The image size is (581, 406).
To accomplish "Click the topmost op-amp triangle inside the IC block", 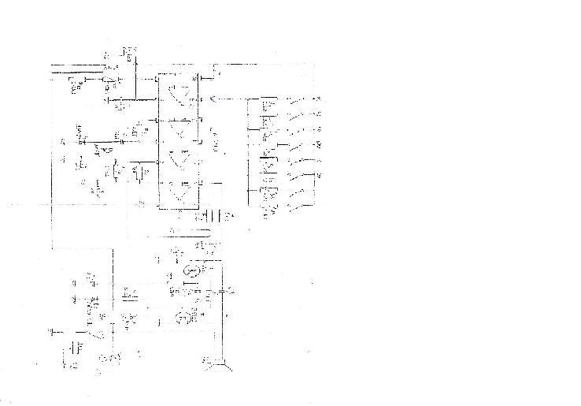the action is pyautogui.click(x=183, y=90).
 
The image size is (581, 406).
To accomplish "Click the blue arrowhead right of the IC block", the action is pyautogui.click(x=216, y=99).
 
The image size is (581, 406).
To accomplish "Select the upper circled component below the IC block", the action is pyautogui.click(x=191, y=271).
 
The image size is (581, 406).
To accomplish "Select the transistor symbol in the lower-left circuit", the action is pyautogui.click(x=99, y=331).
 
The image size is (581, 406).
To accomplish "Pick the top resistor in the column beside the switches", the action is pyautogui.click(x=268, y=104).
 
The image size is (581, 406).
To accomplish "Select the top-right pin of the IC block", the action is pyautogui.click(x=202, y=77).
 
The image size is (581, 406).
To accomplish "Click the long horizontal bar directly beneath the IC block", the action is pyautogui.click(x=189, y=231).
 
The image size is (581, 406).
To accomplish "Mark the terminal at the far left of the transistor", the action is pyautogui.click(x=52, y=331).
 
